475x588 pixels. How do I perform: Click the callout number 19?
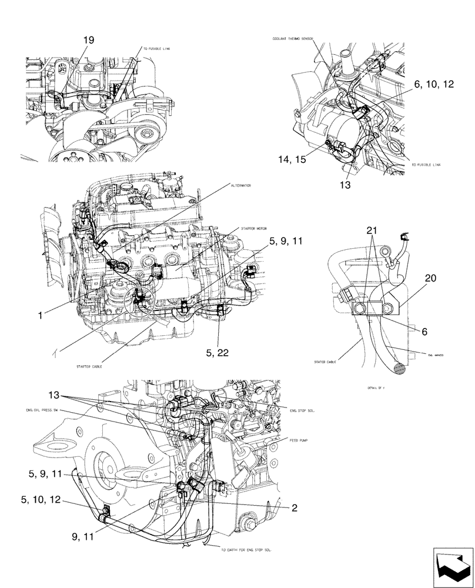coord(88,40)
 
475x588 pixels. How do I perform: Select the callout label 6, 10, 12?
coord(434,85)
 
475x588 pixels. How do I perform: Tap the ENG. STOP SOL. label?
coord(303,411)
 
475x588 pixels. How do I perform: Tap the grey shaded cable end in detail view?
coord(398,369)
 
